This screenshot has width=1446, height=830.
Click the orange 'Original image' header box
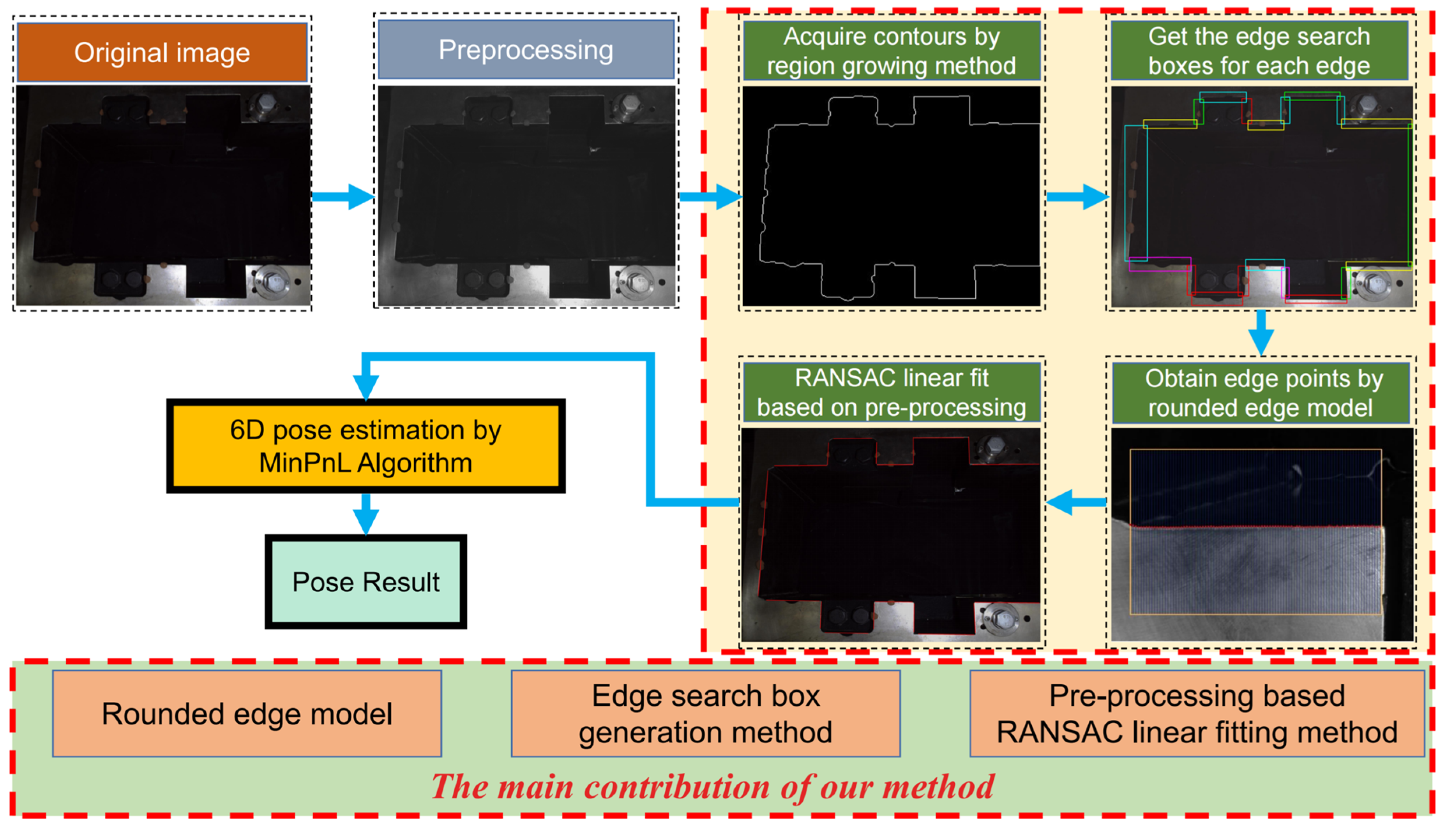pyautogui.click(x=162, y=53)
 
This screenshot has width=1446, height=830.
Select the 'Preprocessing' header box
pyautogui.click(x=526, y=49)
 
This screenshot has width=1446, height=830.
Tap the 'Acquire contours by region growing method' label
pyautogui.click(x=891, y=51)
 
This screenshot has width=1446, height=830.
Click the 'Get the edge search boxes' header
pyautogui.click(x=1259, y=51)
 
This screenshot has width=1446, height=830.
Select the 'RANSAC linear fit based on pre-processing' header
pyautogui.click(x=891, y=393)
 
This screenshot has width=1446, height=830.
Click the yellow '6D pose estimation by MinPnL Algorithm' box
pyautogui.click(x=365, y=446)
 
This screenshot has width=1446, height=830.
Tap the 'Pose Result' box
pyautogui.click(x=365, y=582)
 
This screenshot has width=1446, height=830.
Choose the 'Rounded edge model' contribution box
pyautogui.click(x=247, y=714)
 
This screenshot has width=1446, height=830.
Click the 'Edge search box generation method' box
pyautogui.click(x=705, y=714)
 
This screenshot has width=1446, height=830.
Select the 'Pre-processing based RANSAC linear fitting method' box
pyautogui.click(x=1197, y=714)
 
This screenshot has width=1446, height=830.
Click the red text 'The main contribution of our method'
pyautogui.click(x=713, y=787)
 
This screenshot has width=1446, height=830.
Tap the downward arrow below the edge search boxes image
pyautogui.click(x=1261, y=333)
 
